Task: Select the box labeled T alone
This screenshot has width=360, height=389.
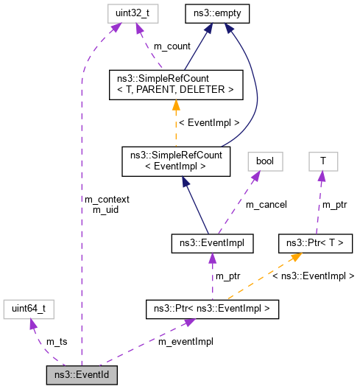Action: (x=322, y=160)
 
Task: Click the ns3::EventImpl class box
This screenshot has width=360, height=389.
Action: (x=212, y=241)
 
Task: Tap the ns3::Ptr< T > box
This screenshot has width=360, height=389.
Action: (x=314, y=241)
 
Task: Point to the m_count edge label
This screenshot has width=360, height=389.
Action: (x=172, y=46)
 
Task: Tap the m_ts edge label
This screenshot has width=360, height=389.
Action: (x=57, y=342)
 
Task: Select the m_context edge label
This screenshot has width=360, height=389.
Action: (x=107, y=199)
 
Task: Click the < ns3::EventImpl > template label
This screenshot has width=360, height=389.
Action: (x=313, y=276)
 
